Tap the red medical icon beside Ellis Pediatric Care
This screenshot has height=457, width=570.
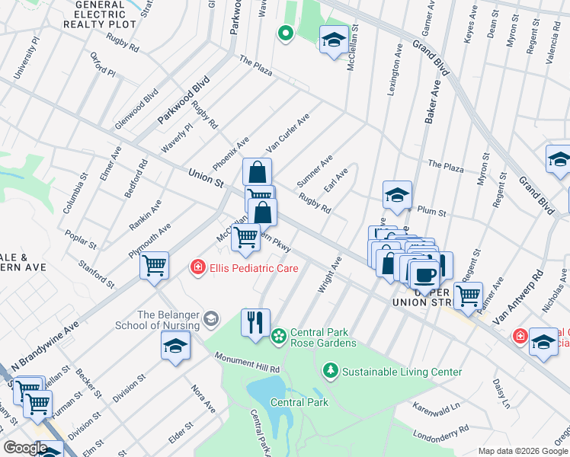[197, 267]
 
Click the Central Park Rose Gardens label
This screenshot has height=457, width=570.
[323, 337]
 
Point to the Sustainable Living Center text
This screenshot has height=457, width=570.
[402, 372]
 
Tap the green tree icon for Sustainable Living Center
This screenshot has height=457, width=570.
[331, 371]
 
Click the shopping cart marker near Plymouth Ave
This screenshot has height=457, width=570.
[154, 266]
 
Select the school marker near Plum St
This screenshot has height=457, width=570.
[397, 196]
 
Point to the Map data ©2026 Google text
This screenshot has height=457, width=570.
[522, 451]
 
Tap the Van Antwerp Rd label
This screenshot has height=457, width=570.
[518, 296]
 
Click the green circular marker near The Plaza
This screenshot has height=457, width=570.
[285, 33]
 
